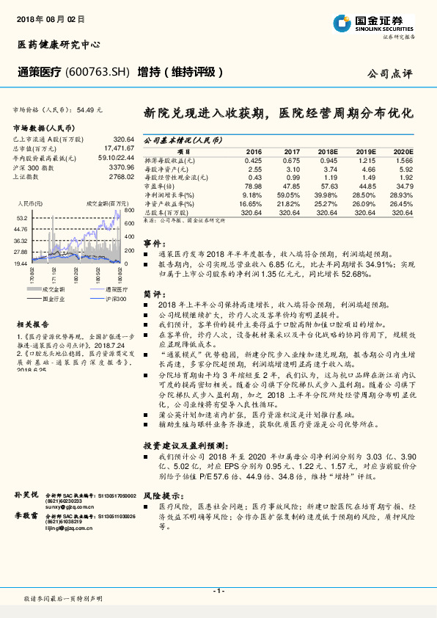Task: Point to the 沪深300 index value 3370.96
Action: [x=121, y=167]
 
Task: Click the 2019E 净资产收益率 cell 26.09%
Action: [x=364, y=203]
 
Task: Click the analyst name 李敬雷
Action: [x=26, y=517]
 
